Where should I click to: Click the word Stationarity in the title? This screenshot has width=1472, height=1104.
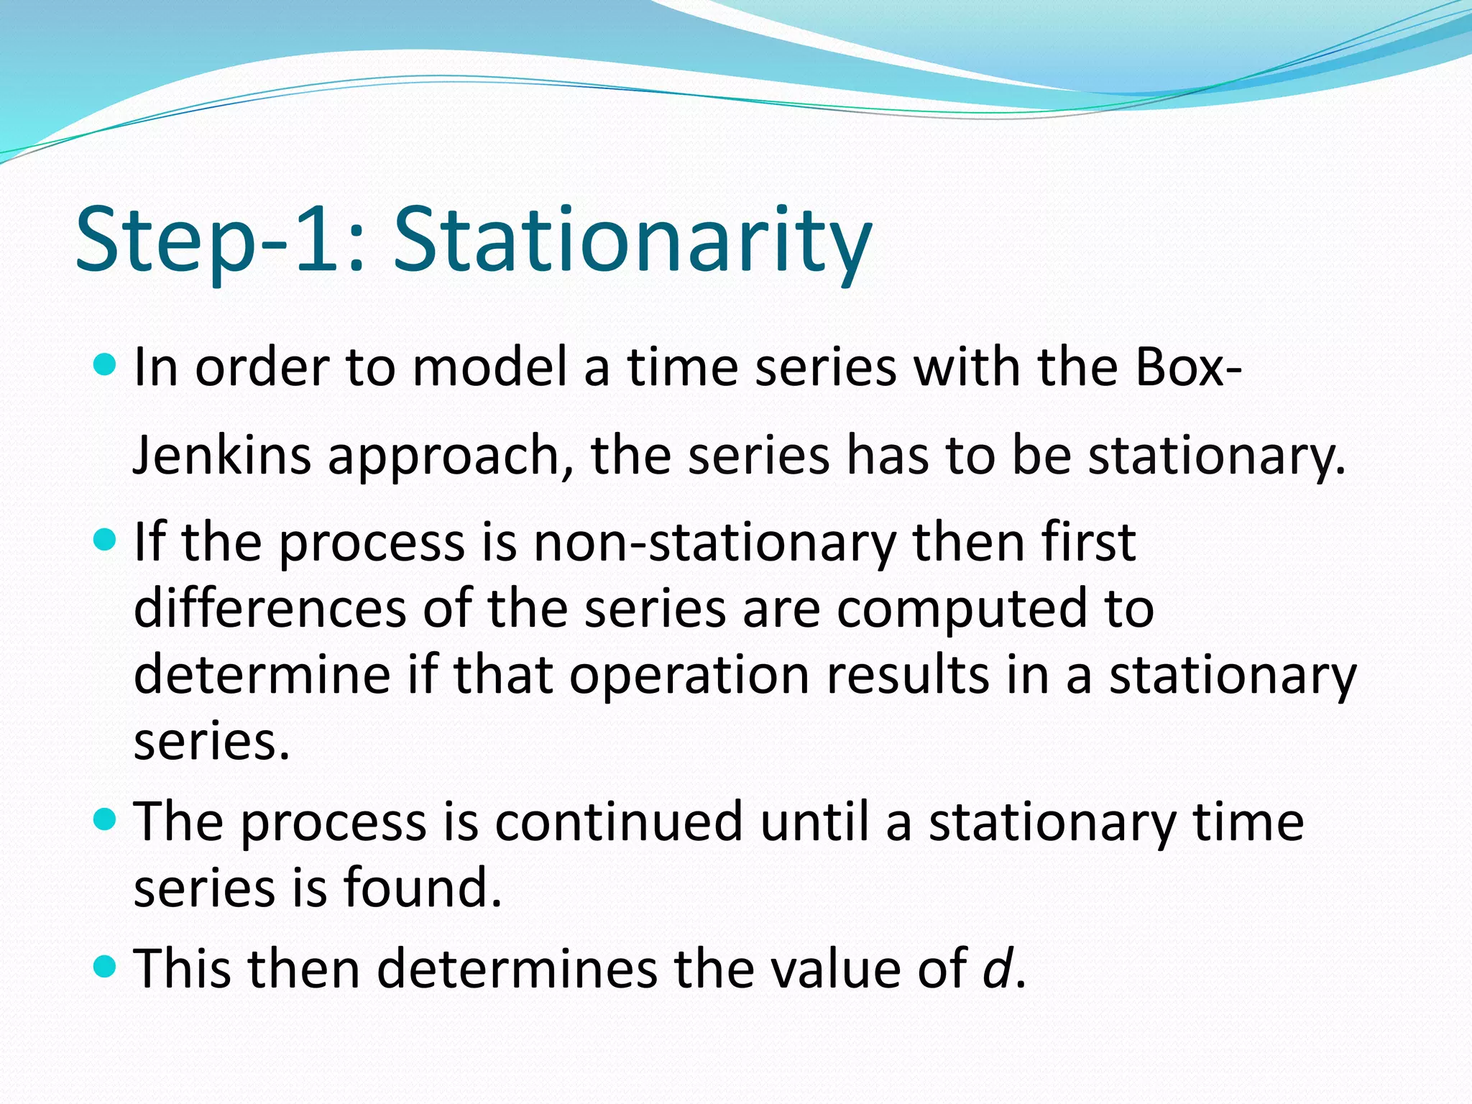point(632,241)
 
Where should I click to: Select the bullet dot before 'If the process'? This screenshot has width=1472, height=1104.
point(105,539)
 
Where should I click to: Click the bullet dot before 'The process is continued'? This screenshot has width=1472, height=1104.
point(105,819)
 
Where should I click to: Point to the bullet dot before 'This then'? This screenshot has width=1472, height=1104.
point(105,966)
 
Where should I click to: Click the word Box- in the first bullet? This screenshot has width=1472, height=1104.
point(1189,367)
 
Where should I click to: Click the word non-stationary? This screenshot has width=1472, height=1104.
point(714,543)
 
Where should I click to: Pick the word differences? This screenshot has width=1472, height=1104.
point(270,609)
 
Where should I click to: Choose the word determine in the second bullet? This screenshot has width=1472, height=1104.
point(262,676)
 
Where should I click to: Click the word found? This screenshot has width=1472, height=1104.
point(422,888)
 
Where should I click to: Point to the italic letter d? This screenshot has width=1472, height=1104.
point(998,968)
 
